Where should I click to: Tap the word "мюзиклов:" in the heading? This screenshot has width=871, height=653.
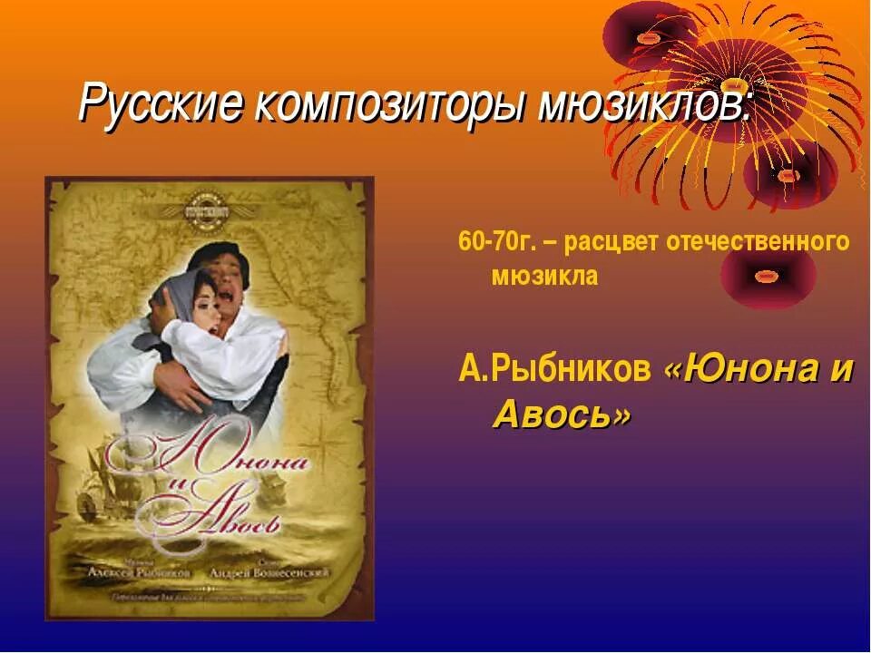pos(645,105)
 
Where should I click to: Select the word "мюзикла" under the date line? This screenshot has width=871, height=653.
pos(544,277)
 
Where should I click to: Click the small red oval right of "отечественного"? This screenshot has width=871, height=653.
pos(769,273)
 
